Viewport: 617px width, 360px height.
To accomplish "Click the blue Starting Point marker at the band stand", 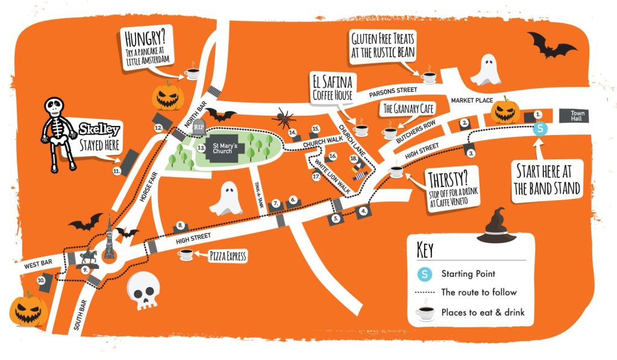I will tap(540, 128).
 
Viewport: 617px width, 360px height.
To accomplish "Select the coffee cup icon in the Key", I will tap(427, 313).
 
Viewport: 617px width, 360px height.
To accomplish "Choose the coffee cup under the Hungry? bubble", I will tap(192, 74).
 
